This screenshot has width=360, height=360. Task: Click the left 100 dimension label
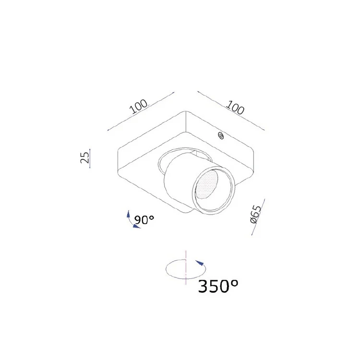point(139,107)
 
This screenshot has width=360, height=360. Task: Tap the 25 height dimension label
point(84,157)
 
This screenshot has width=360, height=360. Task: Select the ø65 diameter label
point(256,215)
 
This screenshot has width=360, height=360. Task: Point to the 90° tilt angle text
point(144,220)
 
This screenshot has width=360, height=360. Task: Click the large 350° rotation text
point(218,286)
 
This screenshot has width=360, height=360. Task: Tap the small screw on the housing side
point(221,136)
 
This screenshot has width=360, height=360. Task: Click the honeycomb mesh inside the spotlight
point(206,185)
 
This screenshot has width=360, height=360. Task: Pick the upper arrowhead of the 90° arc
point(128,214)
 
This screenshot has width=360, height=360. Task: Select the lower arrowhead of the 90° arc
point(137,227)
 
